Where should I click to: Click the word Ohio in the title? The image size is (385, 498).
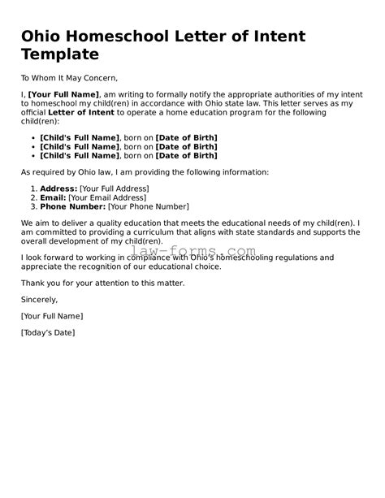42,37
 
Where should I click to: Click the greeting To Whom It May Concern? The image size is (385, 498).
70,78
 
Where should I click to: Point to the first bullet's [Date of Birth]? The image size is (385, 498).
198,136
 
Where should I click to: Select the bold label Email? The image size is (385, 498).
53,197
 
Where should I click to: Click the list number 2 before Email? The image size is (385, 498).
33,197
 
